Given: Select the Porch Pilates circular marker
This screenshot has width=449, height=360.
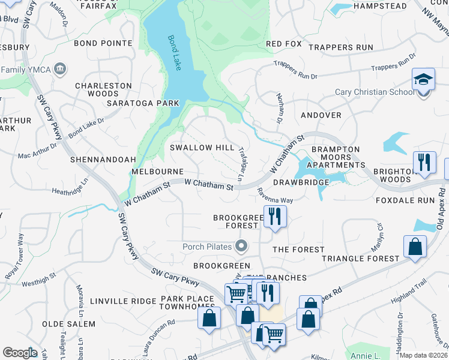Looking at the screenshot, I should (x=241, y=245).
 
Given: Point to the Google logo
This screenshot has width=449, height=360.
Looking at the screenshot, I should (x=20, y=353).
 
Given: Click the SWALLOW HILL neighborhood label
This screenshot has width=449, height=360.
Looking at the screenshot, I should (x=202, y=148).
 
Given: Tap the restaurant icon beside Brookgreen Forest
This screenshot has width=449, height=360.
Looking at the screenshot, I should (x=275, y=216).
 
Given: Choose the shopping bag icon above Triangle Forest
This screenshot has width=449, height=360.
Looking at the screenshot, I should (x=415, y=246).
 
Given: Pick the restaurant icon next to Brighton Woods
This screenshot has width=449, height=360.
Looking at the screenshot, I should (x=424, y=163).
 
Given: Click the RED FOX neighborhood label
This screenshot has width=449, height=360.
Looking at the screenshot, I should (x=283, y=44).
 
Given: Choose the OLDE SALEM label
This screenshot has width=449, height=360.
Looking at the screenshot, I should (x=69, y=324).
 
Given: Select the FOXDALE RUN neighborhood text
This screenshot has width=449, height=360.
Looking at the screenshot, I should (x=404, y=200).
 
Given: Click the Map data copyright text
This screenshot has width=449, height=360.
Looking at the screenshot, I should (x=423, y=355).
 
